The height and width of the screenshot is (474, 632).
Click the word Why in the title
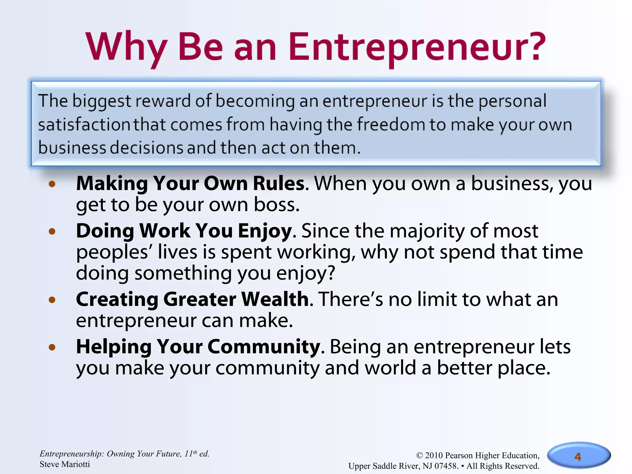[x=127, y=47]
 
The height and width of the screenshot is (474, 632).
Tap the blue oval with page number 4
[x=578, y=456]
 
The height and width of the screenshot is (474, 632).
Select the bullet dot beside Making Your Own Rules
[x=52, y=184]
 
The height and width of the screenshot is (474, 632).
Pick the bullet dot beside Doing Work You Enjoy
[x=52, y=231]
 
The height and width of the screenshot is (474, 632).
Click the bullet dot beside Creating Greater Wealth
[x=52, y=300]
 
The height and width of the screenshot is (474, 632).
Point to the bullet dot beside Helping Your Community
[x=52, y=347]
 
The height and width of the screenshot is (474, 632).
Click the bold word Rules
[x=279, y=184]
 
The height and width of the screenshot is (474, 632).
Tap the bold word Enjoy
[x=265, y=231]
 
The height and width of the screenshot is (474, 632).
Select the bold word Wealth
[x=275, y=299]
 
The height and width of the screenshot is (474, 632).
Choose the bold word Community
[x=264, y=347]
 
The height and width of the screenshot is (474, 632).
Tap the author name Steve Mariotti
[x=65, y=464]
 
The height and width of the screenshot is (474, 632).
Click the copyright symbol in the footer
[x=420, y=455]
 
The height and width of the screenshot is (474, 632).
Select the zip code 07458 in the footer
[x=446, y=466]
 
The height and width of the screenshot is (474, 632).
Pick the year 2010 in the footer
[x=434, y=455]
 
